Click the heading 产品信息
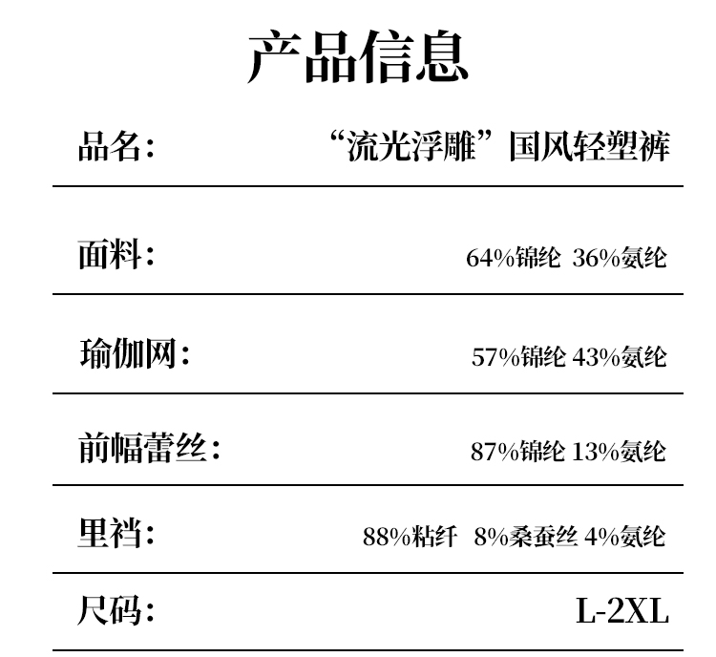click(358, 56)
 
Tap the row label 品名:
click(116, 148)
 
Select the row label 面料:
click(116, 255)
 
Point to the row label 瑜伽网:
click(134, 354)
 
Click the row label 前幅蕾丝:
click(149, 447)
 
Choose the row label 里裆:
click(116, 533)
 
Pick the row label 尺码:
click(116, 609)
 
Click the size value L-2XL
click(621, 610)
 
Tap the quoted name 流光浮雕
click(413, 148)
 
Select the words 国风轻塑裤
click(589, 148)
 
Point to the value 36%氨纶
click(620, 258)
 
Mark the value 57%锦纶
click(519, 357)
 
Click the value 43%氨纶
click(620, 357)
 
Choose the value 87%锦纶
click(517, 451)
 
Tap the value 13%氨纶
click(620, 451)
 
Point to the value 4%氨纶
click(625, 536)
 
